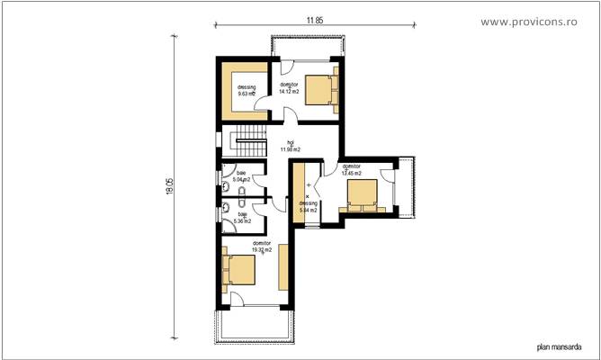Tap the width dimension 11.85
coord(313,18)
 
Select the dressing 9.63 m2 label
coord(247,90)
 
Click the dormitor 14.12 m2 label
coord(289,88)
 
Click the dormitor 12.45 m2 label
coord(350,170)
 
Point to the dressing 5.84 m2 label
coord(309,205)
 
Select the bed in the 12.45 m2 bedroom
coord(363,195)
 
